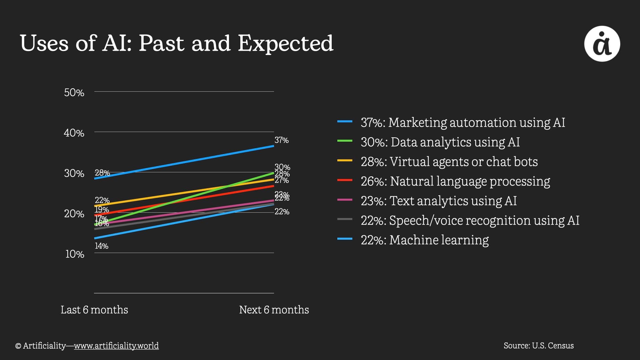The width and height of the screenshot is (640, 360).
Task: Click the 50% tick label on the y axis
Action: [x=74, y=92]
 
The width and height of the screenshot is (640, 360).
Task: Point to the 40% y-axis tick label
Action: [x=74, y=133]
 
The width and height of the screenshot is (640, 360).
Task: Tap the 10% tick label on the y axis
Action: [x=75, y=254]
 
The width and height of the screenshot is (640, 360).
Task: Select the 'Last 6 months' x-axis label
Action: [x=94, y=310]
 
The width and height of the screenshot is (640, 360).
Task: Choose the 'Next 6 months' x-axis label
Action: [x=274, y=310]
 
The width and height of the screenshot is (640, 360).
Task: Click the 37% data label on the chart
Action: [x=282, y=140]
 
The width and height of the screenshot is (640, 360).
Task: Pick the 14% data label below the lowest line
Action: [x=101, y=246]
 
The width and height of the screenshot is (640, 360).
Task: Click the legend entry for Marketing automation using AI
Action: [x=463, y=122]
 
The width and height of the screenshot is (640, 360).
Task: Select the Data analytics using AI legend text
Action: [x=440, y=142]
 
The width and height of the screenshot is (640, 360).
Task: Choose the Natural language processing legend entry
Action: [x=455, y=181]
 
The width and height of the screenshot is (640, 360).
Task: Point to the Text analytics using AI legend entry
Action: [x=439, y=201]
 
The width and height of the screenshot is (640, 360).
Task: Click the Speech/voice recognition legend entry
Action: [x=470, y=220]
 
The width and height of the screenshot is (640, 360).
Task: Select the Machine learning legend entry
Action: [x=425, y=240]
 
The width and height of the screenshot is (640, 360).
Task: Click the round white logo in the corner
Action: [x=602, y=44]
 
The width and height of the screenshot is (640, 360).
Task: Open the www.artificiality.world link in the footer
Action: [x=116, y=346]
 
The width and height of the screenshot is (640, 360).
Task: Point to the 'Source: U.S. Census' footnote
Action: [x=539, y=346]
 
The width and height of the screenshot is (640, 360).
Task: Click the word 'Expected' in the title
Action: [x=285, y=43]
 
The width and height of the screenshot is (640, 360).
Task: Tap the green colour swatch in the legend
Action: [x=345, y=141]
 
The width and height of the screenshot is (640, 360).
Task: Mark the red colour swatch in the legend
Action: [x=345, y=180]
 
